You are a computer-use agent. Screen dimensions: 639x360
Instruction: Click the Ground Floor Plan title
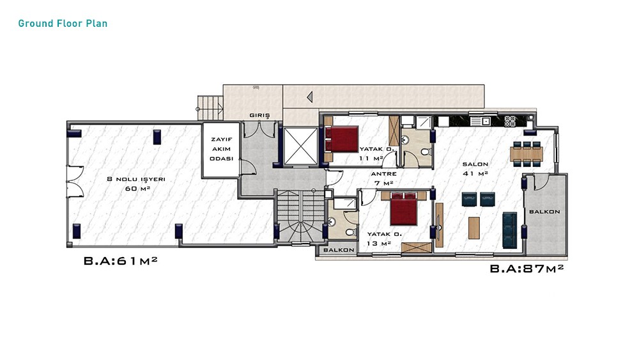[63, 23]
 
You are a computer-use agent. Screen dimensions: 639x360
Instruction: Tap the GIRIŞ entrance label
[259, 115]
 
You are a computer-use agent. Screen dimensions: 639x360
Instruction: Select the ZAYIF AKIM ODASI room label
[221, 149]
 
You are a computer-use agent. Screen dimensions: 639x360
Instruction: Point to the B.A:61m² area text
[121, 260]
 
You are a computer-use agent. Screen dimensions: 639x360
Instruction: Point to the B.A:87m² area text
[527, 269]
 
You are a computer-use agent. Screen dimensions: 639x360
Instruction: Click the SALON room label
[475, 164]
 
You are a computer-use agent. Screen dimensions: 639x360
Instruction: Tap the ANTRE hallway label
[383, 174]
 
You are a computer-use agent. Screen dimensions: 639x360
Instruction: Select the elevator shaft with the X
[300, 146]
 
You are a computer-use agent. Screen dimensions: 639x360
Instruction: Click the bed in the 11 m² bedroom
[341, 139]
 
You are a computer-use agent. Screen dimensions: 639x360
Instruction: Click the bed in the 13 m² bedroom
[404, 208]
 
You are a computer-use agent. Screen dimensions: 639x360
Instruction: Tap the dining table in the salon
[527, 153]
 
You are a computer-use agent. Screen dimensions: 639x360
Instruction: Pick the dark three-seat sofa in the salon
[510, 230]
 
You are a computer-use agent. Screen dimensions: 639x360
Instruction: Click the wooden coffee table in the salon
[474, 228]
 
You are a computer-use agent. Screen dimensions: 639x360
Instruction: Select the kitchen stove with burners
[510, 121]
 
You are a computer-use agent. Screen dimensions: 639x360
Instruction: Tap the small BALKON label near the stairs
[339, 250]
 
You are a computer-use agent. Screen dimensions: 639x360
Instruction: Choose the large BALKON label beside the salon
[544, 212]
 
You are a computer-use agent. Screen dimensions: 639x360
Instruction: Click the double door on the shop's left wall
[75, 182]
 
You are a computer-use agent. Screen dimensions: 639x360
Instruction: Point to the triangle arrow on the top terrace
[310, 97]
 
